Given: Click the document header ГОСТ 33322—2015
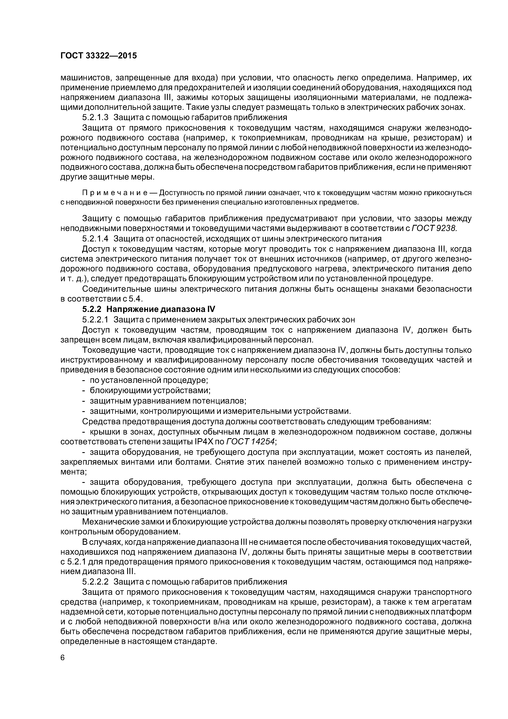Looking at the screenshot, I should pyautogui.click(x=99, y=56).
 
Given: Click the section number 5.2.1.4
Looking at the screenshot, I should pyautogui.click(x=95, y=239).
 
